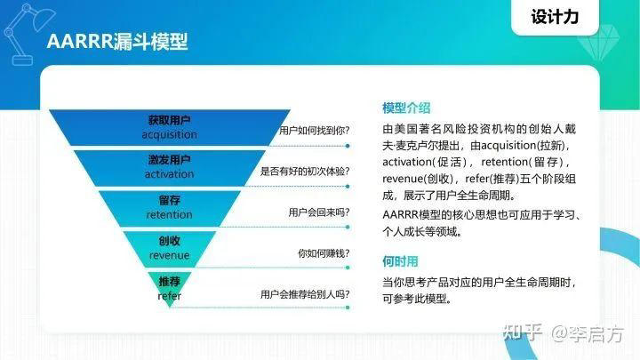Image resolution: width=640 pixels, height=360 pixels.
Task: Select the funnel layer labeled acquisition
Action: click(x=169, y=127)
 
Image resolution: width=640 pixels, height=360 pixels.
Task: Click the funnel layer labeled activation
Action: click(x=169, y=167)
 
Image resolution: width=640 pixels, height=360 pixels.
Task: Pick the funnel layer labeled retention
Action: click(x=169, y=208)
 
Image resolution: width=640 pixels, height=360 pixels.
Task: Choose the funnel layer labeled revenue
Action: click(x=169, y=248)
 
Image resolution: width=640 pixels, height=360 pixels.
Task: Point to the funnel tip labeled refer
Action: click(x=169, y=288)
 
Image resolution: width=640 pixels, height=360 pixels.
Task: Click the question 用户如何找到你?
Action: click(x=314, y=130)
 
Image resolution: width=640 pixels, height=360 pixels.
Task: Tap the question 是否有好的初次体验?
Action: click(x=304, y=171)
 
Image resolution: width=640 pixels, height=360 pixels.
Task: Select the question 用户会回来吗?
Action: click(x=318, y=212)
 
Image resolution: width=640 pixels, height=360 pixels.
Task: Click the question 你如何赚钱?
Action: click(x=323, y=253)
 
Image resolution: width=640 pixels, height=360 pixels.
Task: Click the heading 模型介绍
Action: click(x=406, y=108)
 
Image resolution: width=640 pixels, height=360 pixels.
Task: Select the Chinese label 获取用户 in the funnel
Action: click(x=169, y=120)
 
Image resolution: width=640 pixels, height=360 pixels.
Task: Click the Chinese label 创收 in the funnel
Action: click(x=169, y=241)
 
